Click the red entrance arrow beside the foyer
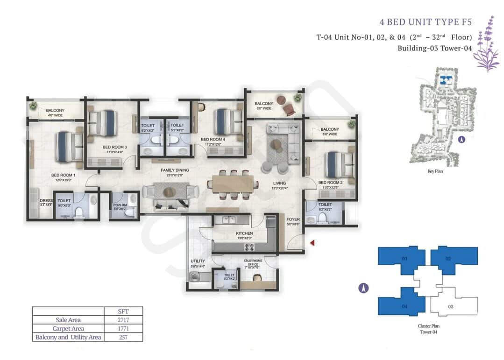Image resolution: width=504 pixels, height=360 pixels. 312,242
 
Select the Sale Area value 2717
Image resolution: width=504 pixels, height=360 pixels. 124,320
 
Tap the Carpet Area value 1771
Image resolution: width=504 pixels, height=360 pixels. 124,328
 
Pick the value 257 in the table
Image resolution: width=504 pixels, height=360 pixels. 124,337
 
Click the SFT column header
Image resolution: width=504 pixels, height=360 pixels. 124,311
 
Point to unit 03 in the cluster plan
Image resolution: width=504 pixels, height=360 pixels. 450,306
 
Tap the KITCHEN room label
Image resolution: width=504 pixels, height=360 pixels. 244,233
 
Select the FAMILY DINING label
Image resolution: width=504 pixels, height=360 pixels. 175,170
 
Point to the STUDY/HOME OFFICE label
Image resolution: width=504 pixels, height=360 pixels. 253,262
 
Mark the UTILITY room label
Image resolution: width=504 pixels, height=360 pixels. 198,261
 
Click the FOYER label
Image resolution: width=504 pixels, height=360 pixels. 293,219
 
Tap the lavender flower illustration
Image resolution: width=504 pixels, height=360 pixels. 487,44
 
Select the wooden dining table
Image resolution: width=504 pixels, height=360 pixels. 233,184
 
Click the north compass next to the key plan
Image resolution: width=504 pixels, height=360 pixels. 461,139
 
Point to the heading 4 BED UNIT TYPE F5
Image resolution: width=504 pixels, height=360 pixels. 427,22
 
